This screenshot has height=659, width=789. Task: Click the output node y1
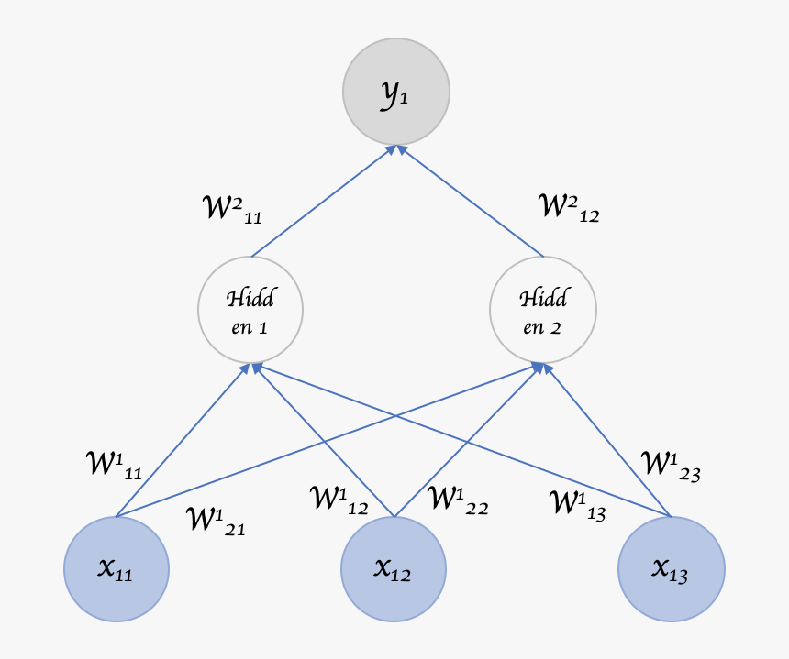click(x=396, y=92)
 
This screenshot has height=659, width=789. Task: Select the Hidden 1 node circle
click(x=250, y=309)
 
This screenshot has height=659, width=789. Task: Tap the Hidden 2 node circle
click(x=543, y=309)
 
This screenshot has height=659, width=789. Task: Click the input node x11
click(x=117, y=569)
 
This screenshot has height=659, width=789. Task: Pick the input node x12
click(x=394, y=569)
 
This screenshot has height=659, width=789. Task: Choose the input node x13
click(x=672, y=569)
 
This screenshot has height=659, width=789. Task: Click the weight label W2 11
click(x=231, y=210)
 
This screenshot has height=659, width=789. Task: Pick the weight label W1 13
click(x=577, y=503)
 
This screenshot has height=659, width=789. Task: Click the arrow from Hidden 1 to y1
click(x=321, y=203)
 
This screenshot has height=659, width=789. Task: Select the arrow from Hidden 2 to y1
click(x=472, y=203)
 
